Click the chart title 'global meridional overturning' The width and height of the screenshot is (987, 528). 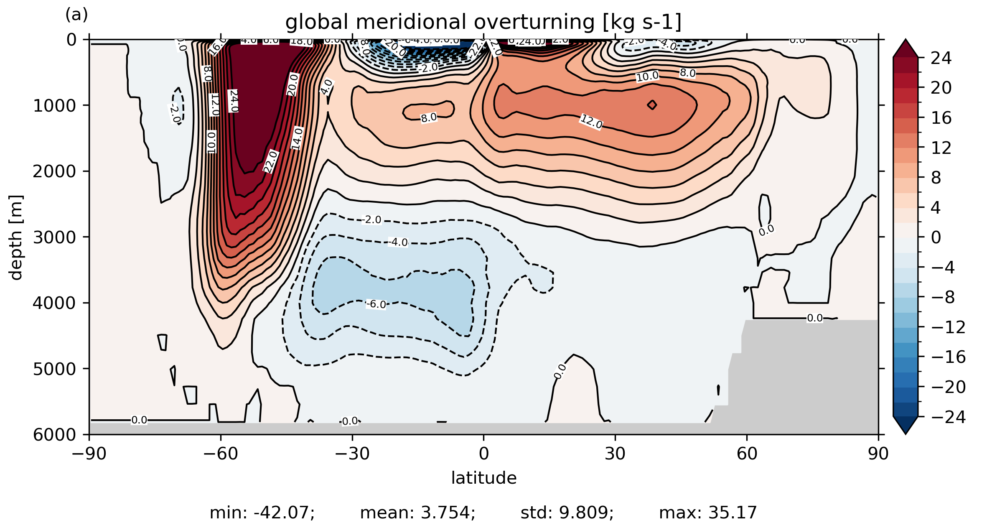tap(483, 22)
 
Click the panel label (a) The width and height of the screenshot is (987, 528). tap(76, 15)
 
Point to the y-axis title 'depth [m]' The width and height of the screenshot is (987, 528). tap(16, 237)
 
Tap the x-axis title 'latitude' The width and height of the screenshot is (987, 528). tap(483, 478)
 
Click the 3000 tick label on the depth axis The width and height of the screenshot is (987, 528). tap(54, 237)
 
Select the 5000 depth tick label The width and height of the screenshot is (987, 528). tap(54, 369)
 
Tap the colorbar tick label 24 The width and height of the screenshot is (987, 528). tap(941, 58)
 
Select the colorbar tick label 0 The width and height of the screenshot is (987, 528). tap(936, 237)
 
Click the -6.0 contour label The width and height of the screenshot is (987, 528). tap(376, 304)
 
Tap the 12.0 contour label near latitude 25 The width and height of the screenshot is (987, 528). tap(591, 122)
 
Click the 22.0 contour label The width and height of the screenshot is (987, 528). tap(271, 161)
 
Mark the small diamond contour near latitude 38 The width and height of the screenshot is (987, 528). tap(652, 105)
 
